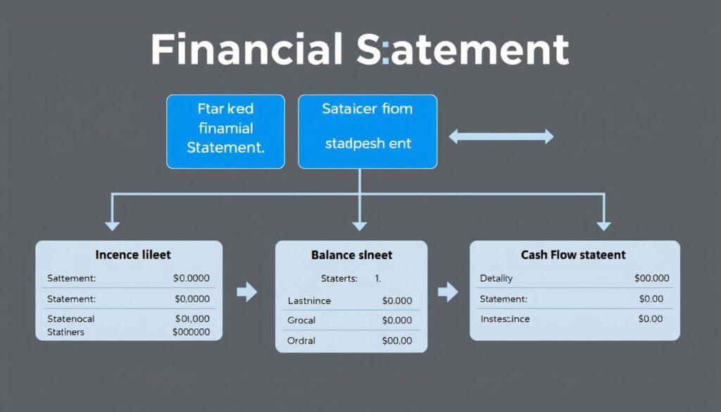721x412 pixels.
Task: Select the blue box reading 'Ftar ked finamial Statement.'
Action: (x=225, y=131)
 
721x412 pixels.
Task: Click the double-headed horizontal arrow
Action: (x=501, y=137)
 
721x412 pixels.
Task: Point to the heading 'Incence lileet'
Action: (x=132, y=254)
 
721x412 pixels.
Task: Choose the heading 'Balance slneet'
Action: (x=351, y=255)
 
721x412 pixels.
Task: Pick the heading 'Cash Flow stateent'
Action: (x=573, y=254)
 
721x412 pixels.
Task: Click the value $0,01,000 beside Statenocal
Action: (x=191, y=319)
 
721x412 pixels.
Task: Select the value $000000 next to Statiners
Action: (x=191, y=332)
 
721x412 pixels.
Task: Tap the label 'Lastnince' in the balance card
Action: (x=309, y=301)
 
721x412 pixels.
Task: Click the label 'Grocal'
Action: (x=301, y=320)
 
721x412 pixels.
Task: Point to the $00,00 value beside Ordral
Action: (x=396, y=341)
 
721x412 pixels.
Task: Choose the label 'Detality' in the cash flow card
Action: (x=496, y=278)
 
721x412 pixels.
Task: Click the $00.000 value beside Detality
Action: (x=651, y=278)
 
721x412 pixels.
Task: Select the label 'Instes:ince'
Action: (x=505, y=319)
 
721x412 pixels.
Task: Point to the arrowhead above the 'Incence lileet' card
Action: (x=111, y=225)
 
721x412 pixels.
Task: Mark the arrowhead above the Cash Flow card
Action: (x=603, y=225)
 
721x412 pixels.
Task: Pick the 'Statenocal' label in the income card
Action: (x=71, y=319)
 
